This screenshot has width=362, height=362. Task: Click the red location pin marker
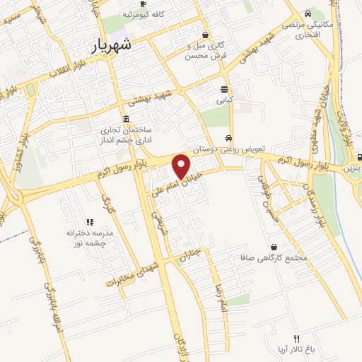(x=182, y=166)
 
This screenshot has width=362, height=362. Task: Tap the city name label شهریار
(x=112, y=46)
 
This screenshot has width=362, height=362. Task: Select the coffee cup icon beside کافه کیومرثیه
(x=127, y=14)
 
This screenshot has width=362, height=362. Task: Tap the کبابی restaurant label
(x=224, y=101)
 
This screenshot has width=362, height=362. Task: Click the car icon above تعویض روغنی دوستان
(x=228, y=138)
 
